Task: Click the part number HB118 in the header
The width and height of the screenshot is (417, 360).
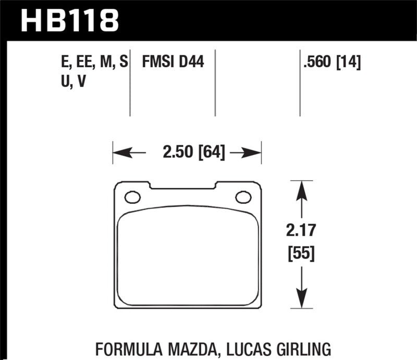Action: (69, 21)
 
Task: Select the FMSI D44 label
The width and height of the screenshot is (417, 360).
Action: (173, 63)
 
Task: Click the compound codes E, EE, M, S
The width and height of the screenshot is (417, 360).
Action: (94, 63)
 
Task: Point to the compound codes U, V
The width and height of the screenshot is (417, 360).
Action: (72, 82)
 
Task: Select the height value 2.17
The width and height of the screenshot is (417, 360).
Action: (300, 230)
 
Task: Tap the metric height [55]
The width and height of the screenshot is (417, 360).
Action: (300, 255)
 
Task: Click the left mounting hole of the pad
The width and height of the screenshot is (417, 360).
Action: (132, 197)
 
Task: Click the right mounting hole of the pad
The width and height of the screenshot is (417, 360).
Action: (242, 197)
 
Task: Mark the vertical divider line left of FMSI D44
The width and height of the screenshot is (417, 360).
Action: (130, 83)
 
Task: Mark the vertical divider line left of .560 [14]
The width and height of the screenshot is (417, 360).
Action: (300, 83)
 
